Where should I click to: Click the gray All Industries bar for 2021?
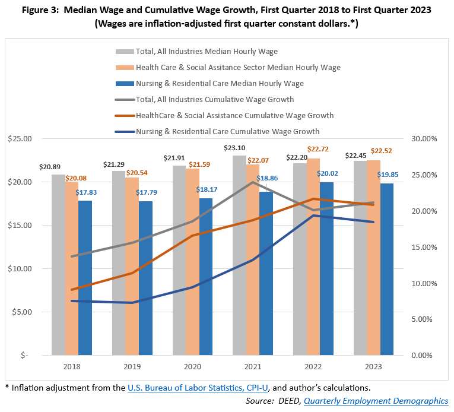239,255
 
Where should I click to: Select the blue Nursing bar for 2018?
85,278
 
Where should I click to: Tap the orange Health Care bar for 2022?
313,257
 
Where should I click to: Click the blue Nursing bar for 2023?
387,269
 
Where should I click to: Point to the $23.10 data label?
234,148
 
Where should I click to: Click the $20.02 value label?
327,173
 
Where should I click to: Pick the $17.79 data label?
146,192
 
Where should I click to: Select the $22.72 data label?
318,149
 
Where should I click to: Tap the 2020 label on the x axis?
192,367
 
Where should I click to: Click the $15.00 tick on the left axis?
20,226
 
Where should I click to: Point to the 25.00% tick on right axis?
424,175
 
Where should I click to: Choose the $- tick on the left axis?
24,356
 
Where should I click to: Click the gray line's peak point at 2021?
253,182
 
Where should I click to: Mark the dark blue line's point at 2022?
313,215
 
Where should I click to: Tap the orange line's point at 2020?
192,236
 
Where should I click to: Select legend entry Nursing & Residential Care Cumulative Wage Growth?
217,132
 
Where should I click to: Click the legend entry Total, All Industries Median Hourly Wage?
196,52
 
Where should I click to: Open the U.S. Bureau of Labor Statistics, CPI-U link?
198,388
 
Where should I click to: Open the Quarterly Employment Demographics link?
376,401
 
